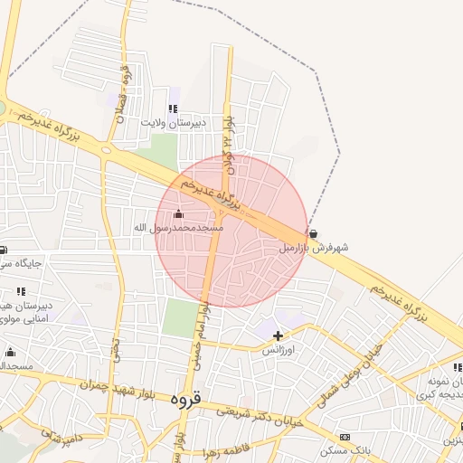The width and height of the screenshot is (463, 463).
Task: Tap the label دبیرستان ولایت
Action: (174, 121)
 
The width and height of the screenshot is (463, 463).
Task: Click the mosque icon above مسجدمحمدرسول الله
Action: (177, 214)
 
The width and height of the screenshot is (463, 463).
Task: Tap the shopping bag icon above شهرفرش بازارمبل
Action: (313, 233)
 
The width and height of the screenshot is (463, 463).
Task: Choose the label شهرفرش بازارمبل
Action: (313, 246)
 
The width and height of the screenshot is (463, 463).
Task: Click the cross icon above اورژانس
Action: (277, 336)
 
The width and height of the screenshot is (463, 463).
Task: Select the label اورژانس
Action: (277, 349)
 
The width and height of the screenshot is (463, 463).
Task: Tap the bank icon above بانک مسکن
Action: (345, 437)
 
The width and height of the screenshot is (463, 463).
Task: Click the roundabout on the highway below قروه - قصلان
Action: (107, 149)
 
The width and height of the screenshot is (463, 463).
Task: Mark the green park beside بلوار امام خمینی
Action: (181, 317)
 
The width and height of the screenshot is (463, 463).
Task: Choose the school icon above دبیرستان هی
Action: (21, 291)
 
